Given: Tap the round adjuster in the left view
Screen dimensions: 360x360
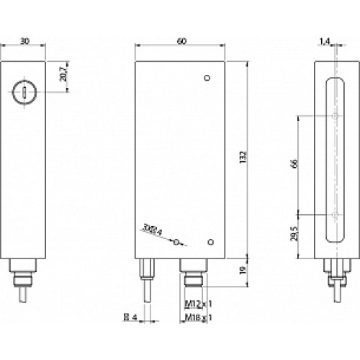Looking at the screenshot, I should [23, 91].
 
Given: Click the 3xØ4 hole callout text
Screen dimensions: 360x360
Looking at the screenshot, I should [153, 230].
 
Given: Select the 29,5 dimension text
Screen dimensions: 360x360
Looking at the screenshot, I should [293, 237].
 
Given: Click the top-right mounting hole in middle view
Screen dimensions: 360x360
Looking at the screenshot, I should [207, 78].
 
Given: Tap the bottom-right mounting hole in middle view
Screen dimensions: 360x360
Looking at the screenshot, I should [210, 243].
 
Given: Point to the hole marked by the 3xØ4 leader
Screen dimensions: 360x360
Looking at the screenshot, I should [176, 243].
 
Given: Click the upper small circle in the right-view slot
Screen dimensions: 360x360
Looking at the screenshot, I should [336, 116].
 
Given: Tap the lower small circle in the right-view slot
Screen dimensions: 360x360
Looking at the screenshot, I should [336, 215].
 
